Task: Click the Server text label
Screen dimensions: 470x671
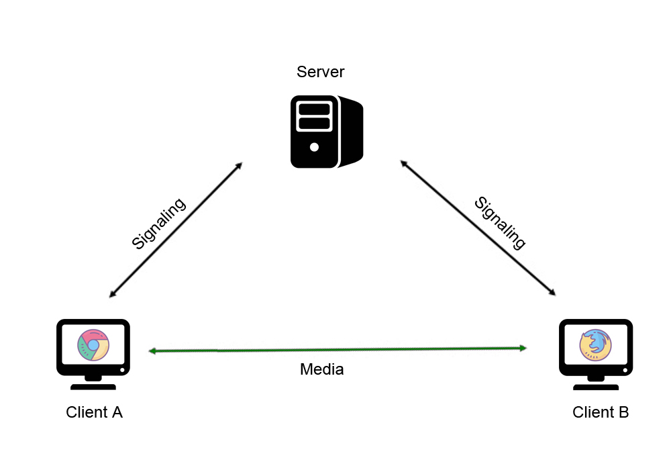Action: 320,72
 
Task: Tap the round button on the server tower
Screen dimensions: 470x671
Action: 314,146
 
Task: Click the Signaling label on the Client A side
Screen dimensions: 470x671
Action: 158,224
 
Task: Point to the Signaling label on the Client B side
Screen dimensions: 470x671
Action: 501,223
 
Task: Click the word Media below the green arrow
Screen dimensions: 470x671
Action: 321,369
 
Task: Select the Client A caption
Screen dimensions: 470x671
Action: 94,412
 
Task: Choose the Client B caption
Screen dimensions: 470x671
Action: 600,412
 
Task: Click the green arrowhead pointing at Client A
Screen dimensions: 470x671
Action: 153,350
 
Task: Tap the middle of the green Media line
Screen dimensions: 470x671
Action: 338,349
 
